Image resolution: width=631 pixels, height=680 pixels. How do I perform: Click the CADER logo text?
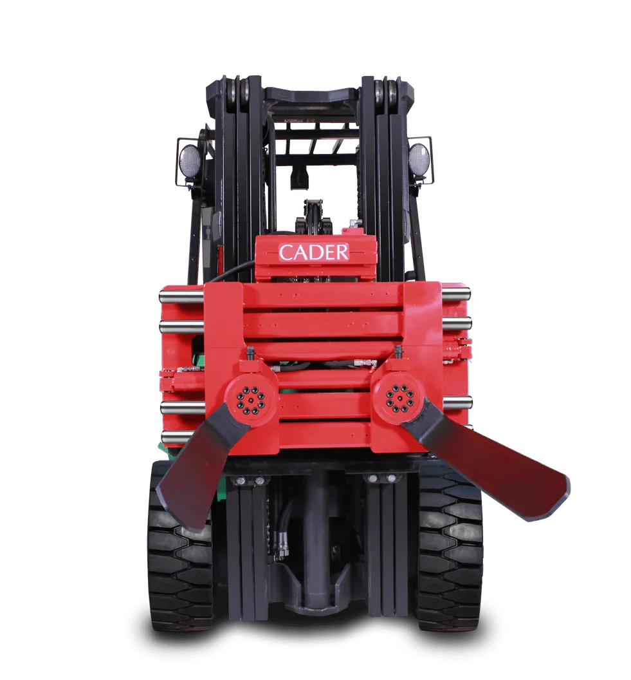click(313, 252)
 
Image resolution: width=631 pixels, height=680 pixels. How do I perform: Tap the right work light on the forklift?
click(418, 158)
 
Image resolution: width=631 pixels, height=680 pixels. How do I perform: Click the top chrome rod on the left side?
click(181, 297)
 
